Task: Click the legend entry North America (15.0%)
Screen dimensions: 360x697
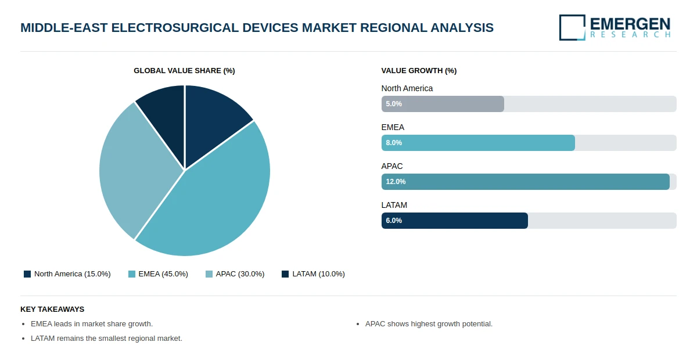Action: pos(67,274)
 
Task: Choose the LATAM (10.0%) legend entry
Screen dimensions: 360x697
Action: pos(313,274)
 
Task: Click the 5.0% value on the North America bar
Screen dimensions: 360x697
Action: pos(394,104)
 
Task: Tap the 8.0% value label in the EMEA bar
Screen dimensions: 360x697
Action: pos(394,143)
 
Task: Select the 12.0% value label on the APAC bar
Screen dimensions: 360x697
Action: pos(396,182)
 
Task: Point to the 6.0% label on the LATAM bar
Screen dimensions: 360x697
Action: pos(394,221)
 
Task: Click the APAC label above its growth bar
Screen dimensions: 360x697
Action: pos(392,166)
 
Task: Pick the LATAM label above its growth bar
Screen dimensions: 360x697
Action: pos(394,205)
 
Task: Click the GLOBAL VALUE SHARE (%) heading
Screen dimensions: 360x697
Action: pos(184,71)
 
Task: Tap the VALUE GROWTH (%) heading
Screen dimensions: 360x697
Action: pos(419,71)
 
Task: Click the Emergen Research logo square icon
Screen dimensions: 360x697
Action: pos(572,27)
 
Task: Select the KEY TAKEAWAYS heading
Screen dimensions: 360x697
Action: pos(52,309)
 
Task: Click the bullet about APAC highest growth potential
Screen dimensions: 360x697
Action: pos(429,324)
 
